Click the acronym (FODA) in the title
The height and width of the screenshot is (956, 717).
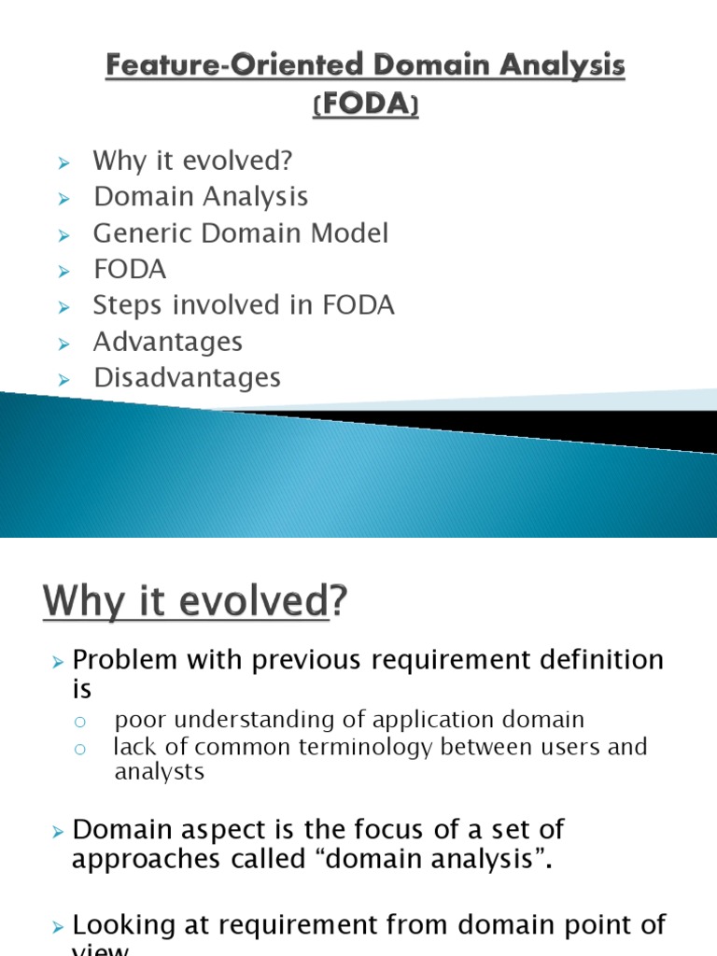365,106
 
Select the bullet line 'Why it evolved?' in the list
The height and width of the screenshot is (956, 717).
192,161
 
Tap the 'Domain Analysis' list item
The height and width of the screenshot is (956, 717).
201,197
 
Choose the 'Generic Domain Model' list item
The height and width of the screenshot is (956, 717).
240,232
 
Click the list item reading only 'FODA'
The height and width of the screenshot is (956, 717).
129,270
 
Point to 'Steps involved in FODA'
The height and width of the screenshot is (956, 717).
244,305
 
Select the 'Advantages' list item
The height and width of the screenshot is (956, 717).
167,342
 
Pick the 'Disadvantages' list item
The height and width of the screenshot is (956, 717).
187,378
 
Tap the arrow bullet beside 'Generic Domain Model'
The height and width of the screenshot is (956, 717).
63,234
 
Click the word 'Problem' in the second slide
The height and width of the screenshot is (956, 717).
125,660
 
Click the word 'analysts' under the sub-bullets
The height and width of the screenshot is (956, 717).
159,772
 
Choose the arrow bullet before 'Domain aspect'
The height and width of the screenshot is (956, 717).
58,830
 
